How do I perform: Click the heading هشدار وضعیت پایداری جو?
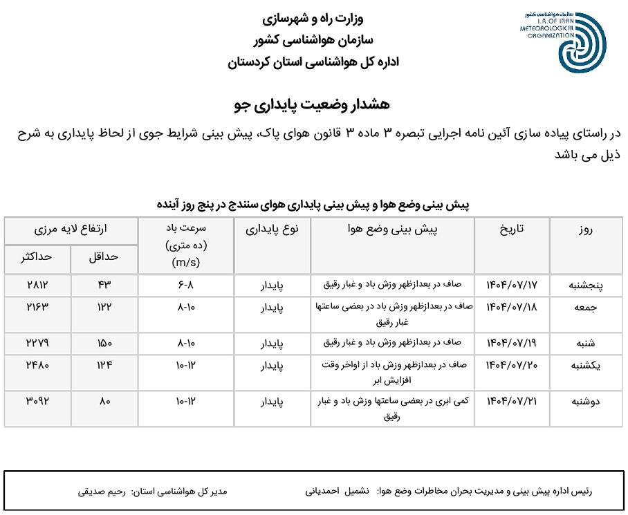pyautogui.click(x=312, y=104)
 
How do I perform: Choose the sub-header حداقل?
pyautogui.click(x=104, y=256)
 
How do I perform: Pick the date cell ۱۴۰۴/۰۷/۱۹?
pyautogui.click(x=512, y=343)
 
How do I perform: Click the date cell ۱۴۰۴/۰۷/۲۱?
pyautogui.click(x=512, y=401)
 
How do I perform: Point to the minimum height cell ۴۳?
pyautogui.click(x=104, y=285)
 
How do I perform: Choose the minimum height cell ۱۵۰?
pyautogui.click(x=104, y=343)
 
